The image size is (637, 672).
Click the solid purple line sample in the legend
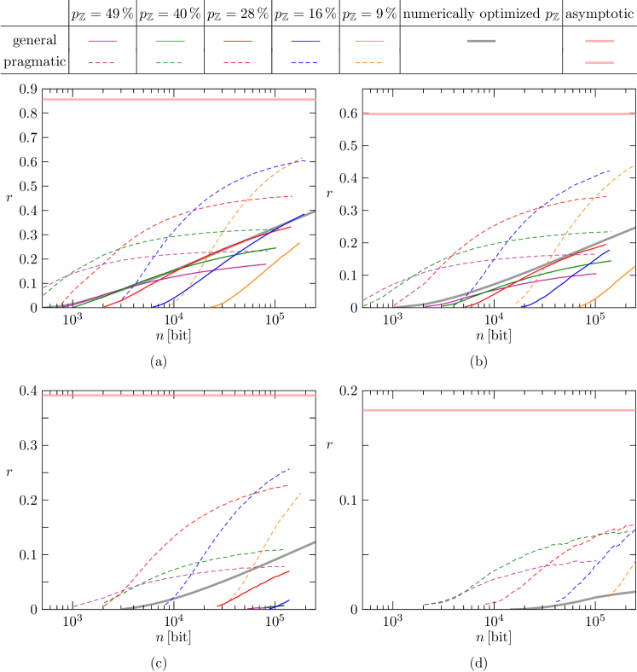point(102,41)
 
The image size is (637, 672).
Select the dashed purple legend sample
point(102,63)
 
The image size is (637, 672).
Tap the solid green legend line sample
point(171,41)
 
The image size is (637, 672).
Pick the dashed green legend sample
point(171,63)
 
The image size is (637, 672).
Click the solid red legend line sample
point(238,41)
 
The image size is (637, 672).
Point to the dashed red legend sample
point(238,63)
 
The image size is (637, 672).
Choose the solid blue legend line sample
point(305,41)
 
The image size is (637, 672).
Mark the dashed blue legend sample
point(305,63)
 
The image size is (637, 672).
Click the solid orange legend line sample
point(369,41)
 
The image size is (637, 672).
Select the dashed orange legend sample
point(369,63)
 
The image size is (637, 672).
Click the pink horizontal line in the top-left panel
point(179,100)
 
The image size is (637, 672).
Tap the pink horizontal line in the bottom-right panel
point(499,410)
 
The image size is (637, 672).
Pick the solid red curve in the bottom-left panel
point(256,587)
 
